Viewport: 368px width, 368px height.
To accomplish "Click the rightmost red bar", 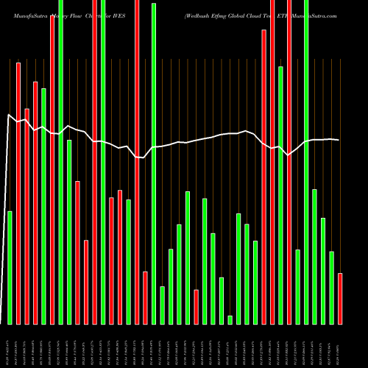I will [x=340, y=298].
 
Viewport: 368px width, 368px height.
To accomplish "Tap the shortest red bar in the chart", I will [x=197, y=307].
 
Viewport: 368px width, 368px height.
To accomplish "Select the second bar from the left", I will [x=18, y=193].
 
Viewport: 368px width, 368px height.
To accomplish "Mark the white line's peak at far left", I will [x=9, y=115].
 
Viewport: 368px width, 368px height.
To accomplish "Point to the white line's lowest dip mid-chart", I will [x=143, y=158].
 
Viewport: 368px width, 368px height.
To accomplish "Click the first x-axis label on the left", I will [x=9, y=346].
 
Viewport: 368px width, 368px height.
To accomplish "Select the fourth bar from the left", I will [x=35, y=202].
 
